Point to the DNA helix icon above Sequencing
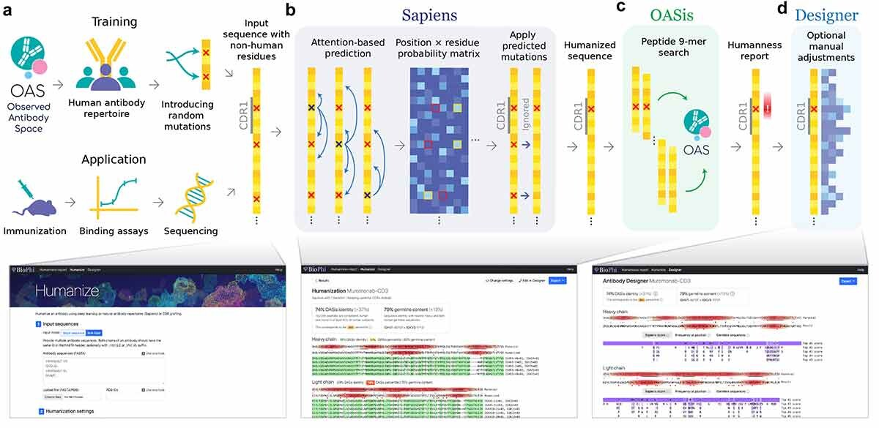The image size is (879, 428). coord(187,198)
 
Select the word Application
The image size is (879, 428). coord(114,159)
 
